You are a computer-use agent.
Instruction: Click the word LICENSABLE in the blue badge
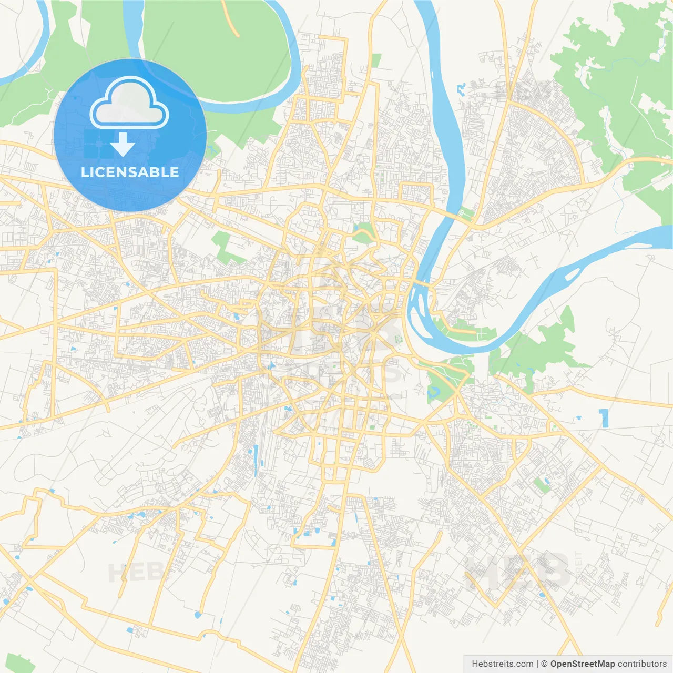point(130,172)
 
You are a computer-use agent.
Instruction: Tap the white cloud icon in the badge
point(129,104)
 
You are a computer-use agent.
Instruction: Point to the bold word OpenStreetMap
point(583,664)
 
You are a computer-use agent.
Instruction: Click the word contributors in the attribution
point(642,664)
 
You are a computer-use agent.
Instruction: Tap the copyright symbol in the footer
point(545,664)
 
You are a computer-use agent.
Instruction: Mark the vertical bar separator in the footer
point(537,664)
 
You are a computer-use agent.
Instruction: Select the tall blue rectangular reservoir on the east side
point(605,418)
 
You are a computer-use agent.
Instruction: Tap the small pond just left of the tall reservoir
point(579,418)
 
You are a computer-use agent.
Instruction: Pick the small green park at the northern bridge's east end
point(465,213)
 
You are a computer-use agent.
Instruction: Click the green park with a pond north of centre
point(363,233)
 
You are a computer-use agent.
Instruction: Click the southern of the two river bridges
point(422,284)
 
